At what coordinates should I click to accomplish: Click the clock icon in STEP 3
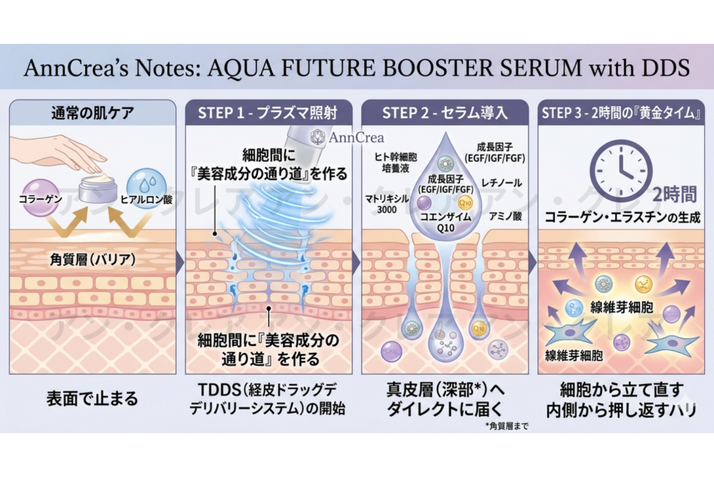pyautogui.click(x=621, y=170)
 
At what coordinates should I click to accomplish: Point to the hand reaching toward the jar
pyautogui.click(x=63, y=150)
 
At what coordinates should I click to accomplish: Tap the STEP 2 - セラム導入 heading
pyautogui.click(x=445, y=113)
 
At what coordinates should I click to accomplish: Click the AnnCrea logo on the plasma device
pyautogui.click(x=346, y=137)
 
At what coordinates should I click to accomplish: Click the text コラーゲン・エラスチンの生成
pyautogui.click(x=623, y=218)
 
